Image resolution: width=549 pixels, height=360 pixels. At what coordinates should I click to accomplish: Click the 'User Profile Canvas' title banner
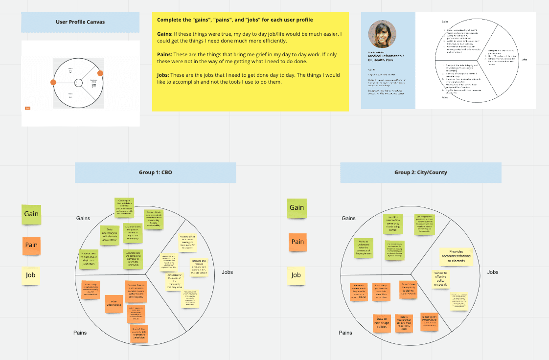[x=80, y=22]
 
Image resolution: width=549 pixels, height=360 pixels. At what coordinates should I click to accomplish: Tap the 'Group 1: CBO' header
[x=155, y=173]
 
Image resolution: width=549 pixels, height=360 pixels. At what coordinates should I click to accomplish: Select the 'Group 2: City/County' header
[x=420, y=173]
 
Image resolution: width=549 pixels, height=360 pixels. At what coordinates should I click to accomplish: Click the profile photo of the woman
[x=381, y=34]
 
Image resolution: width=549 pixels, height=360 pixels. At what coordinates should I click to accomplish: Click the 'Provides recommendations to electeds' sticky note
[x=456, y=256]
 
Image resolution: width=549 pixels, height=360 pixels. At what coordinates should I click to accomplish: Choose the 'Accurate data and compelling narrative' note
[x=133, y=259]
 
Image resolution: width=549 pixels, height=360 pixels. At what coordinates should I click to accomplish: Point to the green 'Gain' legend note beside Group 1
[x=31, y=214]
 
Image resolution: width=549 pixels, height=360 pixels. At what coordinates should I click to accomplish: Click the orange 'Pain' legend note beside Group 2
[x=297, y=242]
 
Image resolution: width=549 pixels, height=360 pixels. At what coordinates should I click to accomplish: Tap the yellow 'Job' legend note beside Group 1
[x=31, y=275]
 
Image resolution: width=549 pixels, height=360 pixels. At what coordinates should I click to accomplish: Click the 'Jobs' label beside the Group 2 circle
[x=492, y=272]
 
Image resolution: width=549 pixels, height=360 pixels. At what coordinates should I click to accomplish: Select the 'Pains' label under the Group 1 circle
[x=80, y=333]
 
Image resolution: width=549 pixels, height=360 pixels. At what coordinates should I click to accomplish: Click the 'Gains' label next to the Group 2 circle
[x=348, y=218]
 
